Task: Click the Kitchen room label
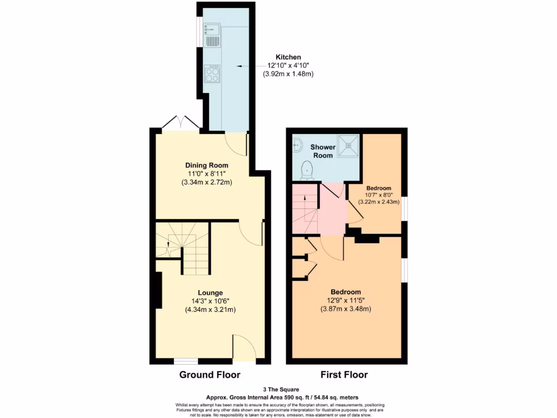(288, 57)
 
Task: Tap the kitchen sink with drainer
(211, 35)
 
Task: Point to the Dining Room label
(207, 165)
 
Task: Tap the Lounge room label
(210, 293)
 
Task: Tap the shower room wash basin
(297, 144)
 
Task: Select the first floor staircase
(305, 210)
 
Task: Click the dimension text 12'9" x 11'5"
(345, 300)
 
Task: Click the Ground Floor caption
(210, 375)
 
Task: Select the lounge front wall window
(185, 361)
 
